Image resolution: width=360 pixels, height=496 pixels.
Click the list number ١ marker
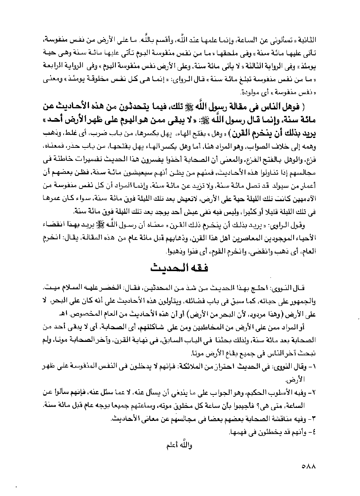coord(315,368)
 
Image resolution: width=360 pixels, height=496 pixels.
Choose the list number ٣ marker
coord(315,418)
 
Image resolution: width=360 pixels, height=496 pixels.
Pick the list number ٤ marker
coord(315,431)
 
